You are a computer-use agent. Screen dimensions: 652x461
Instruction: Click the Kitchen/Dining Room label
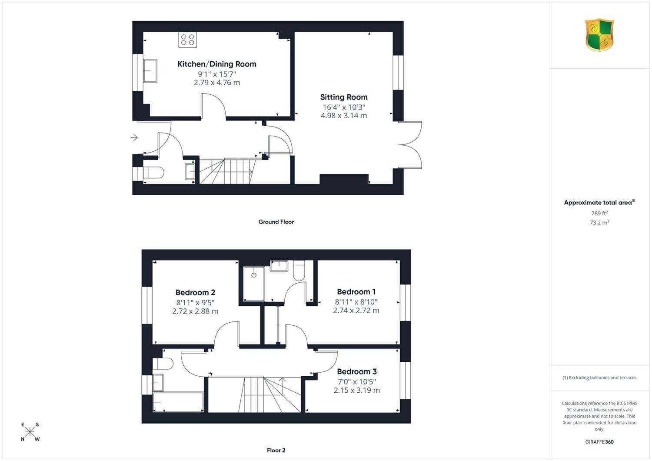[217, 64]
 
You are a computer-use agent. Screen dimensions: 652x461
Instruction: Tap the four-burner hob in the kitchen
[187, 40]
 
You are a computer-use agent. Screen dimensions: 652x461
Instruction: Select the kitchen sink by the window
[150, 71]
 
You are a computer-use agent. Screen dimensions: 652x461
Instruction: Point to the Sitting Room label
[344, 97]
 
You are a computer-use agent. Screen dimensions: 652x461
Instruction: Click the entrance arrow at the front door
[134, 137]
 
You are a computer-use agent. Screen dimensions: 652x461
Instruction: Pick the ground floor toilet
[153, 173]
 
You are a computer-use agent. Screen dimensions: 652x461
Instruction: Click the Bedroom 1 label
[356, 291]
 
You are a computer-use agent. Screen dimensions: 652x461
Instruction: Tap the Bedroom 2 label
[195, 292]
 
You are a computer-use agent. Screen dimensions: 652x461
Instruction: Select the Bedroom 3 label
[357, 371]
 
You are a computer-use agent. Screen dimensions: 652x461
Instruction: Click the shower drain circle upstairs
[254, 275]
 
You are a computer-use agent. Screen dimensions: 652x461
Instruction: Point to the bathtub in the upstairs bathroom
[178, 402]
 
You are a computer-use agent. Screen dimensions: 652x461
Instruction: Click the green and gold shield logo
[599, 35]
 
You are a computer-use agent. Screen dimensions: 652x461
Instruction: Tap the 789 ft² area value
[599, 213]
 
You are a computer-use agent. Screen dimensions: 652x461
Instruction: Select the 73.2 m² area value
[599, 223]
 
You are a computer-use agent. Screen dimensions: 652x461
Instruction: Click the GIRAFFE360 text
[599, 442]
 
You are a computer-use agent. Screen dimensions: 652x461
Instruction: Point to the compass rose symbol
[30, 431]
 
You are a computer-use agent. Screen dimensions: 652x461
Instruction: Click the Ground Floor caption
[276, 222]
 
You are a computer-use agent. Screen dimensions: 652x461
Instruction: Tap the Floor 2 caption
[276, 450]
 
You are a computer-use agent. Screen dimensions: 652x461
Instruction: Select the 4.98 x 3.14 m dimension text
[344, 116]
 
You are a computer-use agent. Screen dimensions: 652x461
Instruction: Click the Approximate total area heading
[599, 202]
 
